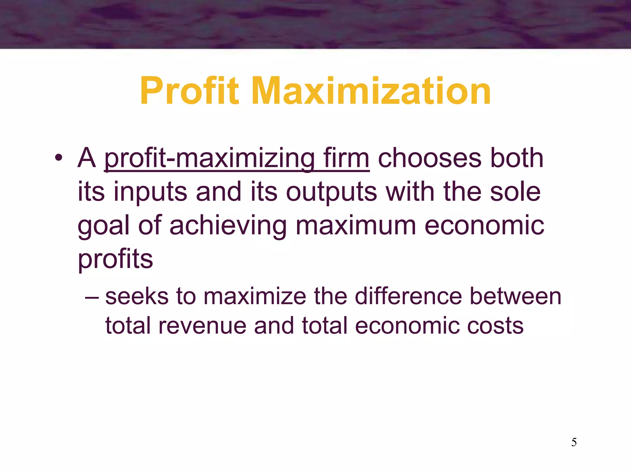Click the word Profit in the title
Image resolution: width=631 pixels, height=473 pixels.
[x=189, y=91]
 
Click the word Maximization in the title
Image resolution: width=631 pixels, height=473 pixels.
[x=371, y=91]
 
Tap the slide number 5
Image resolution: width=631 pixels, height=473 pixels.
[x=574, y=442]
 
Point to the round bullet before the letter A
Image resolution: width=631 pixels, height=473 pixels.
[x=59, y=158]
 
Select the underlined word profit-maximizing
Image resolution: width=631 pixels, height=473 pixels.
[x=210, y=159]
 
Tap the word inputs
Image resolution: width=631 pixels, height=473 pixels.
[x=150, y=192]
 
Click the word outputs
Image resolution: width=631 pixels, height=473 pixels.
[x=332, y=192]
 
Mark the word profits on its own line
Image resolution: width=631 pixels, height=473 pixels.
[x=115, y=259]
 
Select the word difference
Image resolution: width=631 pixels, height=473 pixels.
[x=408, y=296]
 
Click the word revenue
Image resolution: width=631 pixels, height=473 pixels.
[x=202, y=325]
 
